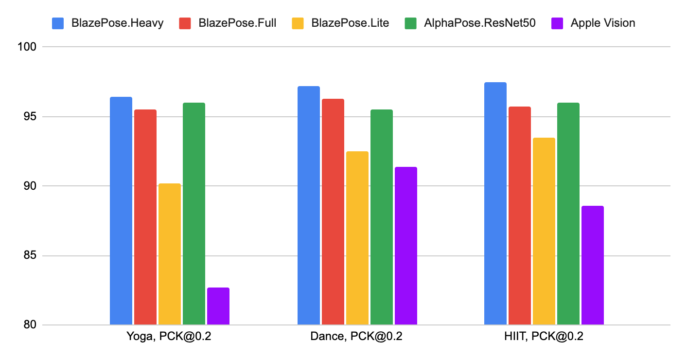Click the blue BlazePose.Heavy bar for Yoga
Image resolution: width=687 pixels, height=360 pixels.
pyautogui.click(x=121, y=211)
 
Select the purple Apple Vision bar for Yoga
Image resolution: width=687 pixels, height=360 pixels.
pyautogui.click(x=218, y=306)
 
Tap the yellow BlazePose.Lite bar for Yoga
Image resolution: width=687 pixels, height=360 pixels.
pyautogui.click(x=170, y=254)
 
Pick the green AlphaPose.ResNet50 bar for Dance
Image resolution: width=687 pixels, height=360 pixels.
pyautogui.click(x=382, y=217)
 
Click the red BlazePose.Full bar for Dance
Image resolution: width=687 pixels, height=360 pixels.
pyautogui.click(x=333, y=212)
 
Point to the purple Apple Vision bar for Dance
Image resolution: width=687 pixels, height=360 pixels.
pyautogui.click(x=406, y=246)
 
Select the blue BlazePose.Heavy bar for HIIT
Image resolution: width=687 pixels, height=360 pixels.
pyautogui.click(x=495, y=203)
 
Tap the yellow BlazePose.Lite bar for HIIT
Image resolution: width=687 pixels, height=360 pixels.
pyautogui.click(x=544, y=231)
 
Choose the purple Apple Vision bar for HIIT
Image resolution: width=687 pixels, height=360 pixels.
pyautogui.click(x=593, y=265)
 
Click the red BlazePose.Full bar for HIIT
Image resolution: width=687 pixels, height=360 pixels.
pyautogui.click(x=520, y=216)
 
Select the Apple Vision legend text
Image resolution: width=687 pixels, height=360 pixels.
pyautogui.click(x=603, y=23)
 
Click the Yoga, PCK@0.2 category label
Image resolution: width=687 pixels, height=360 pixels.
pyautogui.click(x=169, y=337)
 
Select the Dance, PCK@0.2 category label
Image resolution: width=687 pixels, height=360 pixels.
pyautogui.click(x=357, y=337)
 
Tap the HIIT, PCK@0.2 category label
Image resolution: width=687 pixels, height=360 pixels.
pyautogui.click(x=544, y=337)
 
